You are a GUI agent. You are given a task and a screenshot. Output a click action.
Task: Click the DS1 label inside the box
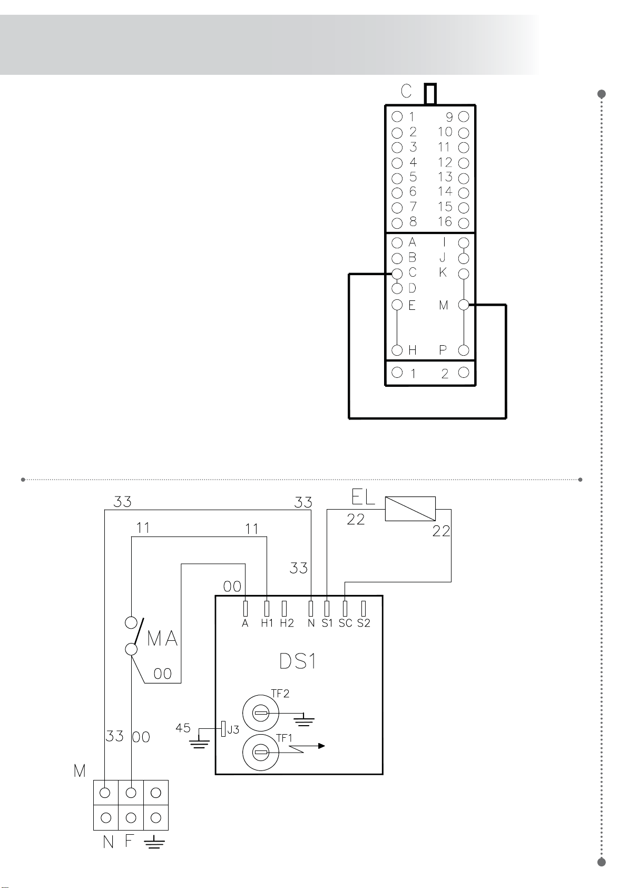(x=298, y=661)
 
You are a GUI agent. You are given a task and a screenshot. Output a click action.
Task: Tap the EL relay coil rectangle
(x=410, y=509)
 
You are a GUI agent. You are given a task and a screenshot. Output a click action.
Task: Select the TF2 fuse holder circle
(x=260, y=713)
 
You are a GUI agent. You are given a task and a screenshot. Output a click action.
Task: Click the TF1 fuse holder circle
(x=260, y=752)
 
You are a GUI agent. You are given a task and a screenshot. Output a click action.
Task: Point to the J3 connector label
(x=233, y=729)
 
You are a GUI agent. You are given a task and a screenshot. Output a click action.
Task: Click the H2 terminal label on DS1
(x=287, y=623)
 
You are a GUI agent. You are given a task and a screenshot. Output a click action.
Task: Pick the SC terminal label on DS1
(x=345, y=623)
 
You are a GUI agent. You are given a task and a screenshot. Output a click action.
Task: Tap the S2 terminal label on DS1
(x=364, y=623)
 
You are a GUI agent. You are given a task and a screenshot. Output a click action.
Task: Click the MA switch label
(x=162, y=639)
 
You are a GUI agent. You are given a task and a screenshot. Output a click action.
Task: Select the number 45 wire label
(x=183, y=728)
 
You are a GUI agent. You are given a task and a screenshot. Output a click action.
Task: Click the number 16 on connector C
(x=445, y=221)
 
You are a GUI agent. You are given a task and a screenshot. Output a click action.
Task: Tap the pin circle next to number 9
(x=464, y=116)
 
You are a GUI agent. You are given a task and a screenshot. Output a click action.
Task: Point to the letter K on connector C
(x=443, y=272)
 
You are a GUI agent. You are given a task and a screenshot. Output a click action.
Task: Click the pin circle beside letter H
(x=397, y=350)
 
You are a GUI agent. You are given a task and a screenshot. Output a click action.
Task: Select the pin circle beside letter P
(x=464, y=350)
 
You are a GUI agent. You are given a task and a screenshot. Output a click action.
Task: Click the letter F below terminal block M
(x=129, y=841)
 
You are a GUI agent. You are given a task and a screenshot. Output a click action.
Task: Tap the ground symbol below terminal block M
(x=154, y=842)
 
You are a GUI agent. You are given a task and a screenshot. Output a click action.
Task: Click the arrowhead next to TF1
(x=321, y=746)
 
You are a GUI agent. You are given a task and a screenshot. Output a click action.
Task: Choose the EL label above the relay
(x=363, y=497)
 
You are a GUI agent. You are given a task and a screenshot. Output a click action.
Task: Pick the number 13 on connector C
(x=445, y=177)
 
